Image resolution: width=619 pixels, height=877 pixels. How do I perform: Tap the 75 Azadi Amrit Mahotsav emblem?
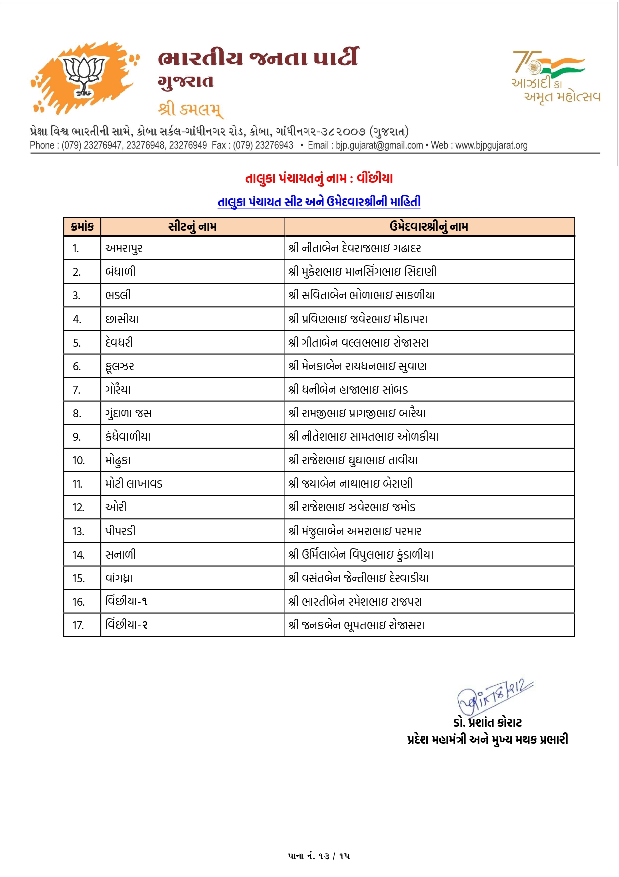tap(555, 76)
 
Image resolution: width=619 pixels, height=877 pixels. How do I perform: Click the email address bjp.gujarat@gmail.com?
tap(379, 145)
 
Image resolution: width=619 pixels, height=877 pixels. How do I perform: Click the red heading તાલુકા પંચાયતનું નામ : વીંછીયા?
tap(319, 178)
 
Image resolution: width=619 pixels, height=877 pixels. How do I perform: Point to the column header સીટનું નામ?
tap(192, 227)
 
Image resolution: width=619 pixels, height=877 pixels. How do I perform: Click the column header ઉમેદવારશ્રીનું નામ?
tap(429, 227)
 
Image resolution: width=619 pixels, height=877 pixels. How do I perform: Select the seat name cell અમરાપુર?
tap(124, 248)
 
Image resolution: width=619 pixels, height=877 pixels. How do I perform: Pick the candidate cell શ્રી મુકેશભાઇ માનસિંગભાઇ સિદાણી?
tap(362, 272)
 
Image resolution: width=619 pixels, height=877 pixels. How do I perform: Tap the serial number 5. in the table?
tap(77, 343)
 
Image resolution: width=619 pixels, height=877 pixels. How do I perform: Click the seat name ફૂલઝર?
tap(120, 366)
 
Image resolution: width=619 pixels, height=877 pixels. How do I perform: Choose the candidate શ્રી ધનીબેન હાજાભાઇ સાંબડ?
tap(348, 390)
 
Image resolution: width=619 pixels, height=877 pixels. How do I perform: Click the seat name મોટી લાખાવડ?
tap(134, 484)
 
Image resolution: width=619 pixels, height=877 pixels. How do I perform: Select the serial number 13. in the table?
tap(78, 531)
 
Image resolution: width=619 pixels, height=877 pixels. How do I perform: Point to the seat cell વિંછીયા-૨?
tap(127, 625)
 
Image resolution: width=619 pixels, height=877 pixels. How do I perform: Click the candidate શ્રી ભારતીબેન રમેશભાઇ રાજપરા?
tap(355, 602)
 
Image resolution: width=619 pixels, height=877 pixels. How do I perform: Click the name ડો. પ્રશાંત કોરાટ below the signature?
tap(487, 723)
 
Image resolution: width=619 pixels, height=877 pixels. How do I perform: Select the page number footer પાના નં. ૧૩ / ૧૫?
tap(319, 856)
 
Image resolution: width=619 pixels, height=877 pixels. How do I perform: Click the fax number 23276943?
tap(274, 145)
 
